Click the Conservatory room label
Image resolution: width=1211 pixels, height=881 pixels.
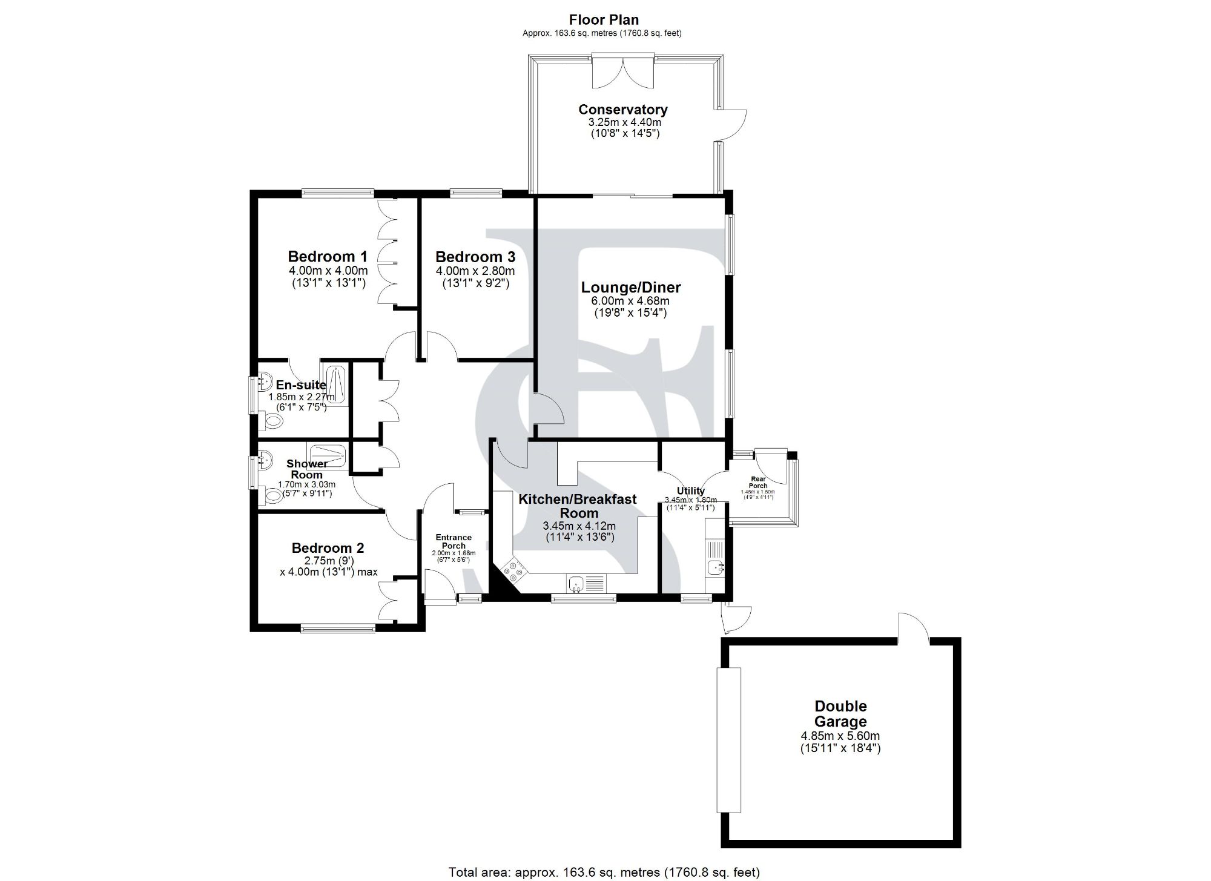point(623,110)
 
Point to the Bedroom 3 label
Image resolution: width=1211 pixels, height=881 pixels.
point(475,257)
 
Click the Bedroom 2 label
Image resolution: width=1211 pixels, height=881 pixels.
point(328,548)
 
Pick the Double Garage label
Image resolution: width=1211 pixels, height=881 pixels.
point(840,714)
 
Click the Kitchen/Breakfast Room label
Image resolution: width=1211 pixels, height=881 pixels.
point(578,506)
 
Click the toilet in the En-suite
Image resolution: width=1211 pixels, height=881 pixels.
point(273,421)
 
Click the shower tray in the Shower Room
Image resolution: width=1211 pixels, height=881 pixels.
point(328,454)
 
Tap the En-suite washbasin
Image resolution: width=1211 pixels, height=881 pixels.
point(265,382)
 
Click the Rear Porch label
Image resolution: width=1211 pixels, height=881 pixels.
point(758,482)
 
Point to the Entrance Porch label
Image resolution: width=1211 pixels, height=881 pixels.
point(454,541)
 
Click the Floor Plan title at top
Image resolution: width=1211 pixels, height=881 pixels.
point(604,20)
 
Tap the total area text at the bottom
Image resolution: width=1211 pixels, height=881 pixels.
point(604,872)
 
